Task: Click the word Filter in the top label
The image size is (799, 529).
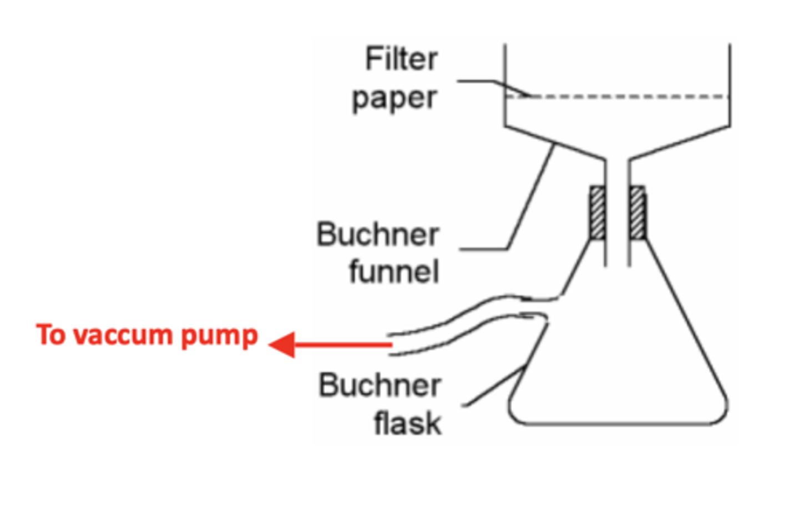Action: (401, 59)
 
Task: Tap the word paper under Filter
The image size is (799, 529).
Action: (395, 98)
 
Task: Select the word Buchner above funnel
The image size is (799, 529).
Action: (377, 234)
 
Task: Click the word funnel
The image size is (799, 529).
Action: (394, 271)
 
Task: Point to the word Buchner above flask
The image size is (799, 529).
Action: (380, 385)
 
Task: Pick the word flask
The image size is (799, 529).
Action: (407, 423)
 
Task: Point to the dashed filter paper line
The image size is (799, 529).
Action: (627, 97)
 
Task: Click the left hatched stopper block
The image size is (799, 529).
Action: (597, 213)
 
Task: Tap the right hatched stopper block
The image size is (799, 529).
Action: (637, 213)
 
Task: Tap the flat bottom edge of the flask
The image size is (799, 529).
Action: (616, 424)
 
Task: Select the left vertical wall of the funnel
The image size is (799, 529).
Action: (505, 83)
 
